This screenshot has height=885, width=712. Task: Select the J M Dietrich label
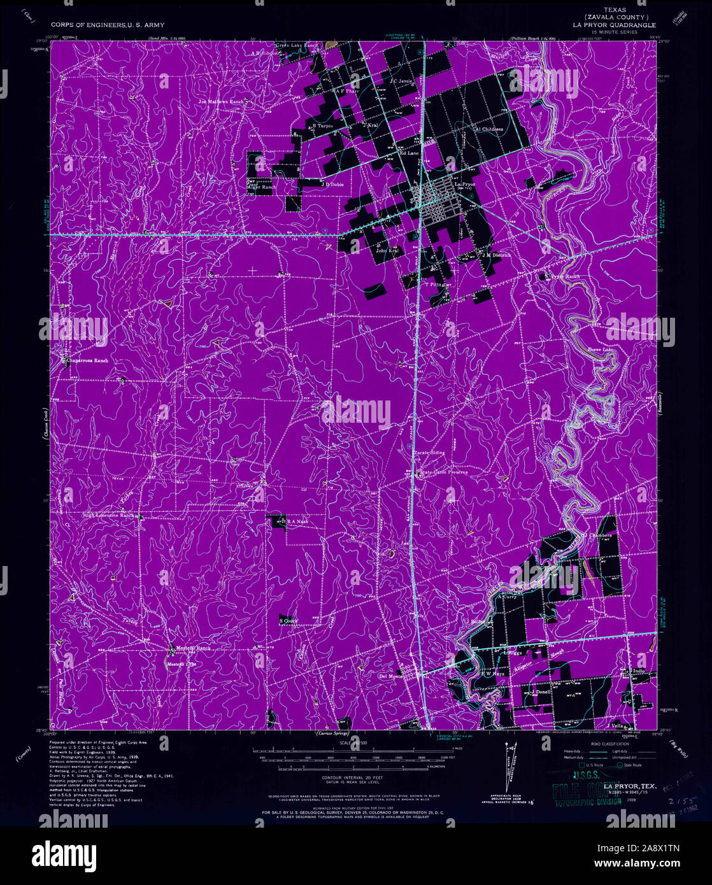pos(497,255)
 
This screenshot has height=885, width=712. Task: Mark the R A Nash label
pos(296,521)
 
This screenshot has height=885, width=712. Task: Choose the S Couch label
pos(288,620)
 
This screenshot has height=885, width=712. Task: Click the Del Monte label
pos(390,676)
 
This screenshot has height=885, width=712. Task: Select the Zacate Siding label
pos(430,453)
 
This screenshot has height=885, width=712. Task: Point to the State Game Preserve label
pos(444,472)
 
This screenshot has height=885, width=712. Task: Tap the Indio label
pos(639,671)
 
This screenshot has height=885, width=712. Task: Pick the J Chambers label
pos(597,535)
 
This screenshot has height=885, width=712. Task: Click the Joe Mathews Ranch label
pos(221,101)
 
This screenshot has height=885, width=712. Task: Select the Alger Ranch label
pos(262,187)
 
